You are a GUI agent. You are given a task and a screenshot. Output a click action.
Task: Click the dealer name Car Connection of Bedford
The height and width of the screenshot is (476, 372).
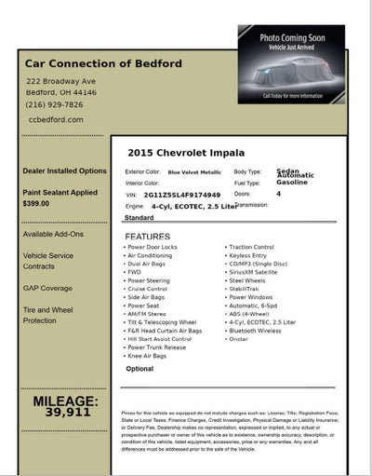tap(105, 63)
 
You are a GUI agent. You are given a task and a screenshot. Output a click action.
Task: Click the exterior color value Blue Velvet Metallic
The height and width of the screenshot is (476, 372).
tap(194, 172)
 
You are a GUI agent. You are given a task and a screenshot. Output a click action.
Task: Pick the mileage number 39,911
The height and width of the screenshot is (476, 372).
tap(68, 411)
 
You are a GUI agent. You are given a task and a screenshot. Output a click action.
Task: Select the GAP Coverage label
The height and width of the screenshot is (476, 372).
tap(47, 288)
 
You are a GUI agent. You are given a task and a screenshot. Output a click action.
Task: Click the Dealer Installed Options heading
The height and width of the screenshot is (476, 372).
tap(65, 171)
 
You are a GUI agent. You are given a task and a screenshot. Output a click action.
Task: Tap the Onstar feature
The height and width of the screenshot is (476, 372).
tap(240, 338)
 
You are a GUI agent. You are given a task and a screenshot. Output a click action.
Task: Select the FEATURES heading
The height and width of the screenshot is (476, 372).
tap(147, 237)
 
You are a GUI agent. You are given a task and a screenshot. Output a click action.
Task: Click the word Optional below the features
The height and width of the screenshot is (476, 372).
tap(139, 369)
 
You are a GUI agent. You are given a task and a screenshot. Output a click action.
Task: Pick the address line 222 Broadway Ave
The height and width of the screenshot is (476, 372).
tap(62, 82)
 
